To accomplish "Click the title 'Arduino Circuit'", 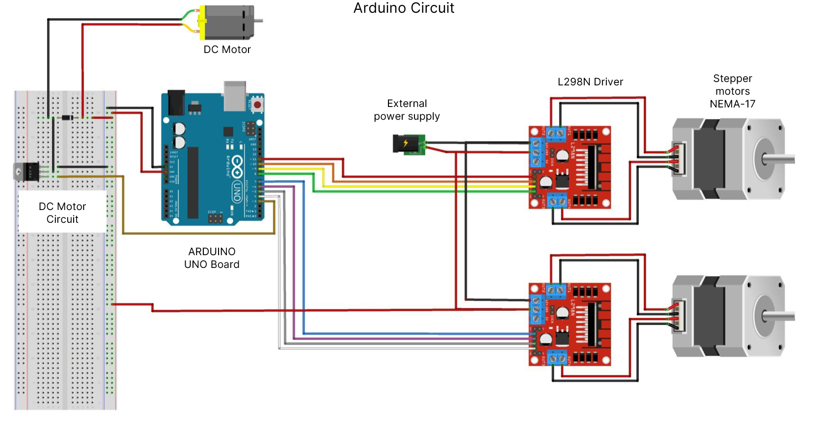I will [404, 8].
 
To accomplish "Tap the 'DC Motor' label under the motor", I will [227, 50].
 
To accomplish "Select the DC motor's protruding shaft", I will [258, 21].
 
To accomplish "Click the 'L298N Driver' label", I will [590, 82].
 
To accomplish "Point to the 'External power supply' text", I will [407, 110].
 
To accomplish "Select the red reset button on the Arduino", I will [257, 105].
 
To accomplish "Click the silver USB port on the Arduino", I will [234, 96].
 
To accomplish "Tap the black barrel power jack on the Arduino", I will [176, 102].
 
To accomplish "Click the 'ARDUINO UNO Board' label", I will [212, 258].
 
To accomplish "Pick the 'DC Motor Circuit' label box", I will [62, 212].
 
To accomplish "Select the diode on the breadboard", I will [66, 117].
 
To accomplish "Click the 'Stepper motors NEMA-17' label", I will [732, 91].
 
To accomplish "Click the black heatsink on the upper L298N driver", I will [592, 167].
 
